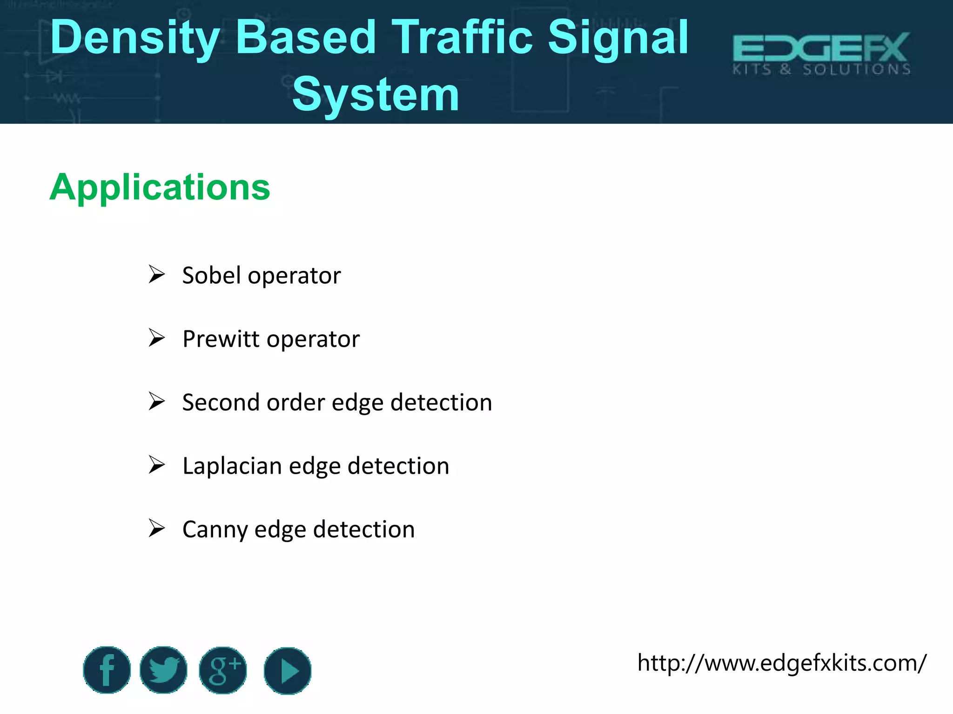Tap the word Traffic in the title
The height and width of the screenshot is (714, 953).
(463, 37)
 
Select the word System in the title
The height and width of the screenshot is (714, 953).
(376, 95)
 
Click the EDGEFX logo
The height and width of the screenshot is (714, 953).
(821, 54)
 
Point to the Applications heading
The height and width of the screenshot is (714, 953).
(160, 187)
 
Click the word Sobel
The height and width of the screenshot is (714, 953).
(212, 275)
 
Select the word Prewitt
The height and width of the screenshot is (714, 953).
(221, 339)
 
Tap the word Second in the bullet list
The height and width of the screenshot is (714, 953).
(221, 402)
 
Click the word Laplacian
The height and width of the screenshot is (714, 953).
(232, 466)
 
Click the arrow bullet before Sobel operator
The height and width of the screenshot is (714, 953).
(157, 274)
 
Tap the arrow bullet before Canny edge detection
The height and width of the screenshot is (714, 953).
(157, 529)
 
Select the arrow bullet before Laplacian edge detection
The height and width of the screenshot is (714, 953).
(157, 465)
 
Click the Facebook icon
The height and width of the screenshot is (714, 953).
(107, 670)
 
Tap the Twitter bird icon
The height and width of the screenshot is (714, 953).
(164, 670)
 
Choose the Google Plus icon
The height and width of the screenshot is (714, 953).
(223, 670)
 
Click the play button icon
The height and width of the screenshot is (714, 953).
(288, 671)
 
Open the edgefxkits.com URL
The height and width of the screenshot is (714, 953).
(782, 663)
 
